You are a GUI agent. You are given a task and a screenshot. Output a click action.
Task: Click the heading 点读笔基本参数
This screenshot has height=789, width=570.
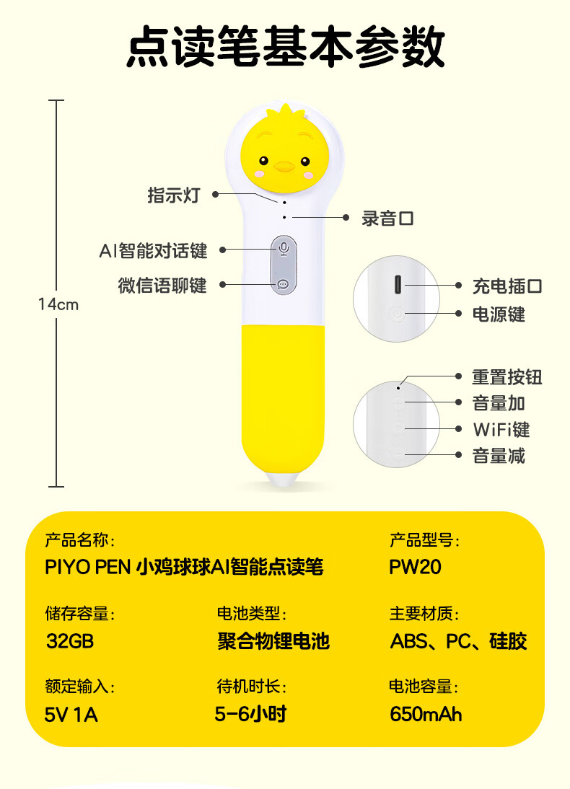point(285,47)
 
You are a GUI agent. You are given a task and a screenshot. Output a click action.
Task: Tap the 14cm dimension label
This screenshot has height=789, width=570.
point(58,304)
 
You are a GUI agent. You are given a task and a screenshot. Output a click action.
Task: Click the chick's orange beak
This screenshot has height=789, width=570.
point(285,167)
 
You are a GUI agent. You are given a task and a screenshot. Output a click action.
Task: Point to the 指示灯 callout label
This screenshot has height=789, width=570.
point(173,195)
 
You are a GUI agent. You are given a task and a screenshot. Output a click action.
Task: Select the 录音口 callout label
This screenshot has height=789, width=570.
point(387,219)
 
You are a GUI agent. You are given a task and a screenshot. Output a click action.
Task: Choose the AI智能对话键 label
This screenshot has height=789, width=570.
point(153,250)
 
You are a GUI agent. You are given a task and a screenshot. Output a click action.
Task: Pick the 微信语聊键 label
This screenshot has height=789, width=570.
point(162,286)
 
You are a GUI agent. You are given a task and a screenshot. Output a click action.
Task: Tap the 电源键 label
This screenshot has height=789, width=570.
point(499,314)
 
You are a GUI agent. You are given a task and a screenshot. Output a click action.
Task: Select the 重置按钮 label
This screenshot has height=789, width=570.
point(507,376)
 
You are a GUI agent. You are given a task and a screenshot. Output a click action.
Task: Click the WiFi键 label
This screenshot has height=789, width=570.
point(501,430)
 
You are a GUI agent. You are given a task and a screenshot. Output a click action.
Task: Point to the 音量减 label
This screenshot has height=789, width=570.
point(499,456)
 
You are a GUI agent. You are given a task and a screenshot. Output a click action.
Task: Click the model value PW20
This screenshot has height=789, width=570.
point(415,567)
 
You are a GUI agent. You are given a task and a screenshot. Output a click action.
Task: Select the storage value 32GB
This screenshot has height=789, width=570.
point(70,640)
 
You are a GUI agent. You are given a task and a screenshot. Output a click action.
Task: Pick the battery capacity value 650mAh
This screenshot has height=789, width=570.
point(426,714)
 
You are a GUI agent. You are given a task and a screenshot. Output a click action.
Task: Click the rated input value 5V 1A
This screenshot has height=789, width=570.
point(71,715)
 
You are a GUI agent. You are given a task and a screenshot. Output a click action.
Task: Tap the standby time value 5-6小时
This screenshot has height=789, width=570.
point(251,714)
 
